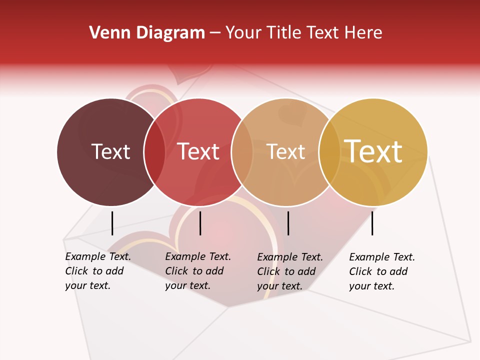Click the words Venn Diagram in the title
147,33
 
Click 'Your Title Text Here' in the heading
303,33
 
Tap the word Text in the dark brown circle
110,152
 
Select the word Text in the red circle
198,152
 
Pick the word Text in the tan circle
285,152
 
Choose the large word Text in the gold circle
373,151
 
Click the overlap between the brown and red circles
154,152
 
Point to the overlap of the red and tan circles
242,152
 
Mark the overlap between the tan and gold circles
329,152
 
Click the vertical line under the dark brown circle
112,223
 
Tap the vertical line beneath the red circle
200,223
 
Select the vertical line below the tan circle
288,223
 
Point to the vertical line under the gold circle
372,223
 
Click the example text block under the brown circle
98,271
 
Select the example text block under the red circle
198,271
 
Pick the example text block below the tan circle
290,271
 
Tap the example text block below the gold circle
382,271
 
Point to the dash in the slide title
215,33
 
